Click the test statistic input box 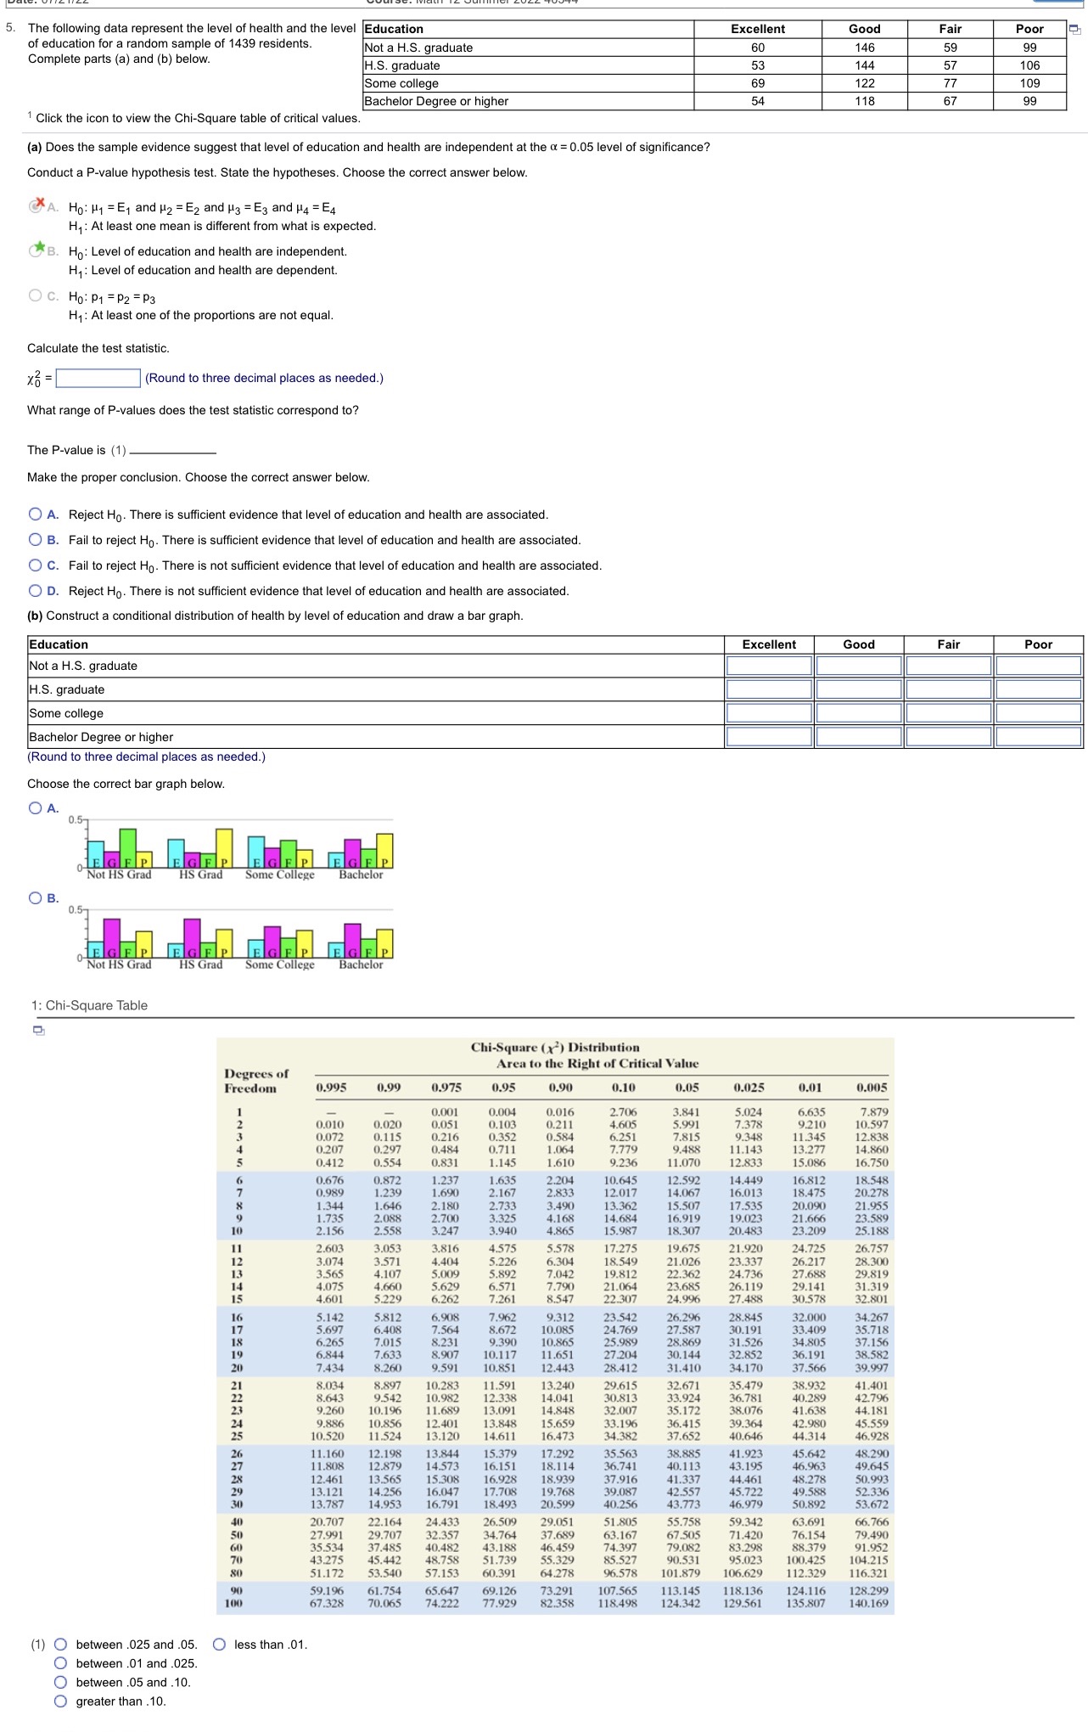click(x=98, y=378)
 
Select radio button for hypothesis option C click(x=35, y=295)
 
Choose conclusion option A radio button click(x=35, y=515)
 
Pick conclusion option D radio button click(x=35, y=591)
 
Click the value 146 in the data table click(x=864, y=48)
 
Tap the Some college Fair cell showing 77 click(x=950, y=83)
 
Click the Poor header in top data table click(x=1029, y=29)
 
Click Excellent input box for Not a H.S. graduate click(x=769, y=666)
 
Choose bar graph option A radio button click(x=35, y=808)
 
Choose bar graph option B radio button click(x=35, y=898)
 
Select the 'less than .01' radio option click(x=219, y=1645)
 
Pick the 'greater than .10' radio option click(x=61, y=1701)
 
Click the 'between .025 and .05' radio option click(x=61, y=1645)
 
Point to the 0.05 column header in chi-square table click(x=687, y=1088)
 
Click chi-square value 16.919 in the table click(x=683, y=1218)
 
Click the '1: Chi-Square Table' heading click(x=89, y=1005)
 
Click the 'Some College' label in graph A click(x=279, y=874)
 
